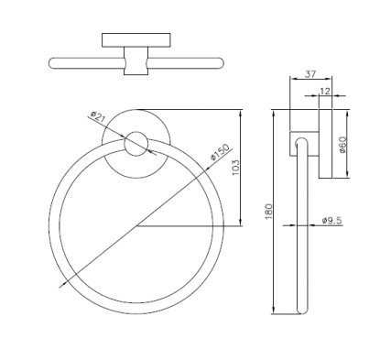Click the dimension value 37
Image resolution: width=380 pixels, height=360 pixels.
(x=310, y=74)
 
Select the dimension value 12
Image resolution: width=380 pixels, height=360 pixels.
(x=325, y=91)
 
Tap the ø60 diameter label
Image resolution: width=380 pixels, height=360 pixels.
(x=343, y=145)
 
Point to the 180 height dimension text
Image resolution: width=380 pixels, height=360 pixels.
(x=268, y=212)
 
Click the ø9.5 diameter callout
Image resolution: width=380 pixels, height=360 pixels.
(x=332, y=220)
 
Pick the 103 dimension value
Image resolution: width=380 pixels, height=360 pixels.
(x=236, y=168)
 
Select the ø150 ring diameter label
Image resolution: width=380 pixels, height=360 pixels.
(x=220, y=152)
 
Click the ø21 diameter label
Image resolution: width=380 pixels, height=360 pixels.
(x=98, y=117)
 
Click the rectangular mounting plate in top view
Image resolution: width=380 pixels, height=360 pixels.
(x=136, y=40)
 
